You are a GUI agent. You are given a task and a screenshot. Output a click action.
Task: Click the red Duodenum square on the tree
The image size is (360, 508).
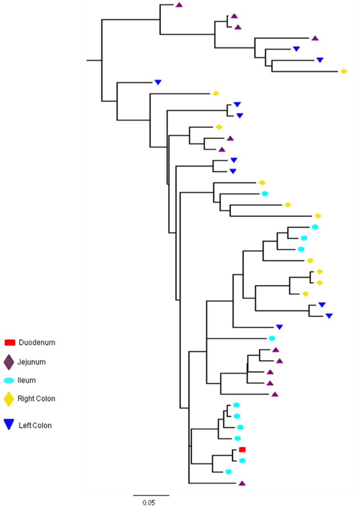242,449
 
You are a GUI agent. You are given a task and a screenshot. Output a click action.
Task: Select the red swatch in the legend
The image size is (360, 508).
10,342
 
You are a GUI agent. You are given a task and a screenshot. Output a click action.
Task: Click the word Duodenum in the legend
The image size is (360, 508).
37,342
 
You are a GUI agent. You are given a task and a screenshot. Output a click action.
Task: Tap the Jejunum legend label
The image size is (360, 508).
32,362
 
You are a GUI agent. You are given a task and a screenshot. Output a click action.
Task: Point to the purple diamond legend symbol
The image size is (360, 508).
9,362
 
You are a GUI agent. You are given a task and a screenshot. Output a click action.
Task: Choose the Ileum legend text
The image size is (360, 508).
27,380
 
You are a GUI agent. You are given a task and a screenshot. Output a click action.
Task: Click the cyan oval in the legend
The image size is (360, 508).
9,381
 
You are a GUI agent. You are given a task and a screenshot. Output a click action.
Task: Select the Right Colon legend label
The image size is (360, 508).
36,399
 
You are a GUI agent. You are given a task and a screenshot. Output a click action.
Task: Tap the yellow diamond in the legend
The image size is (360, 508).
9,399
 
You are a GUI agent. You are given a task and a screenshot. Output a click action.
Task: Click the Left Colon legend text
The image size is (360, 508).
35,426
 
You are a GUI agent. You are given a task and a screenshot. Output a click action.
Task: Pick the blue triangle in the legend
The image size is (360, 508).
9,424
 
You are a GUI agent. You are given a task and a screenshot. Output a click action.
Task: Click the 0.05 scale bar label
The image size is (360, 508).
149,503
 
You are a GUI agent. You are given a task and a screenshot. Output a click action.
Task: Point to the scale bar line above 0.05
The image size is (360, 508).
151,495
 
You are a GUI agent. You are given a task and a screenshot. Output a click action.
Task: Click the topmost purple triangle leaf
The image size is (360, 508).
179,5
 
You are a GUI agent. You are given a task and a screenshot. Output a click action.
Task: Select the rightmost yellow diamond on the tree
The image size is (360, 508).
344,71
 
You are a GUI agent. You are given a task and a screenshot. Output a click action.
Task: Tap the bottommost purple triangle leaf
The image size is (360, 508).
242,483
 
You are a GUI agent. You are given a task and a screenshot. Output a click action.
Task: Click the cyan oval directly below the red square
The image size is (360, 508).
242,460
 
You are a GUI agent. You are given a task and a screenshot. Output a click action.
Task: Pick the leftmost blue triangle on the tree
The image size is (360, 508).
158,82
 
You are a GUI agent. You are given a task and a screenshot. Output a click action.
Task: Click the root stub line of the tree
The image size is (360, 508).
94,60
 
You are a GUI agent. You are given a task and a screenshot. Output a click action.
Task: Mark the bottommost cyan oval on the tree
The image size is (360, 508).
229,472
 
